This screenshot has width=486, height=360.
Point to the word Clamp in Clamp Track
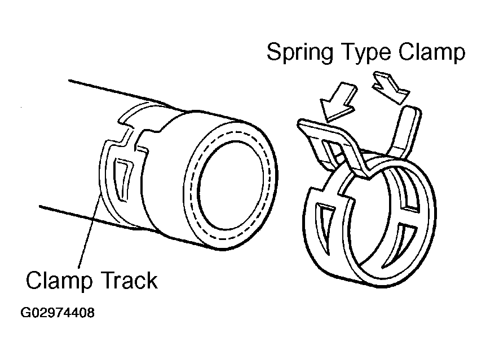click(54, 279)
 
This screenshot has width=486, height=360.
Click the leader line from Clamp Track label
click(90, 231)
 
